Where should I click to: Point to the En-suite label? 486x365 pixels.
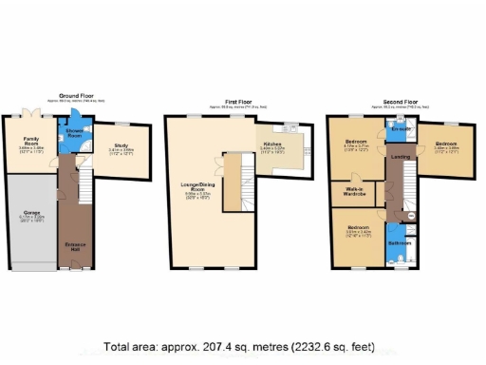pos(400,129)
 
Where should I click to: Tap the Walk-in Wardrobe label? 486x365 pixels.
pos(358,192)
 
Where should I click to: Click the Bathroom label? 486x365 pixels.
pos(399,243)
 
